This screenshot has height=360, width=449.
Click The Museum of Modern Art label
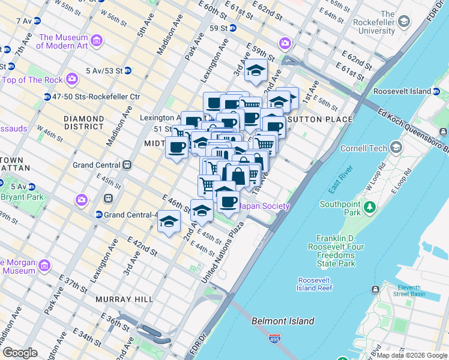[63, 41]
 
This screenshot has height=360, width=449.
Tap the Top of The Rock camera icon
[73, 79]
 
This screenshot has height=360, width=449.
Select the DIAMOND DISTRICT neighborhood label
[83, 122]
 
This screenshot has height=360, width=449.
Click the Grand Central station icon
[127, 165]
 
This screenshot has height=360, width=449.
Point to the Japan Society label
[264, 206]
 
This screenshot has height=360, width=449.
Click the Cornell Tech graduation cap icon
[396, 147]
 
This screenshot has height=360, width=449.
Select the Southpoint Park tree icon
[371, 208]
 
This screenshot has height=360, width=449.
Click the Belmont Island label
[283, 321]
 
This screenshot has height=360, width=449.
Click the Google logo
[20, 353]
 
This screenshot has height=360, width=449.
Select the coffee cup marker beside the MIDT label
[176, 147]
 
